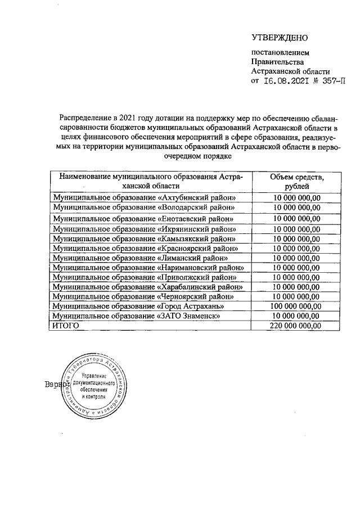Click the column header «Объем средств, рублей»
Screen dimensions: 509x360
[x=296, y=181]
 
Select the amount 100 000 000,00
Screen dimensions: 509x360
[x=296, y=306]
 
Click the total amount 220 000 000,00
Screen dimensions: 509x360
[x=296, y=325]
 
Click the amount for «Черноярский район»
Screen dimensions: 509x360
[x=296, y=296]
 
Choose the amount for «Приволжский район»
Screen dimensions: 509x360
[x=296, y=277]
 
